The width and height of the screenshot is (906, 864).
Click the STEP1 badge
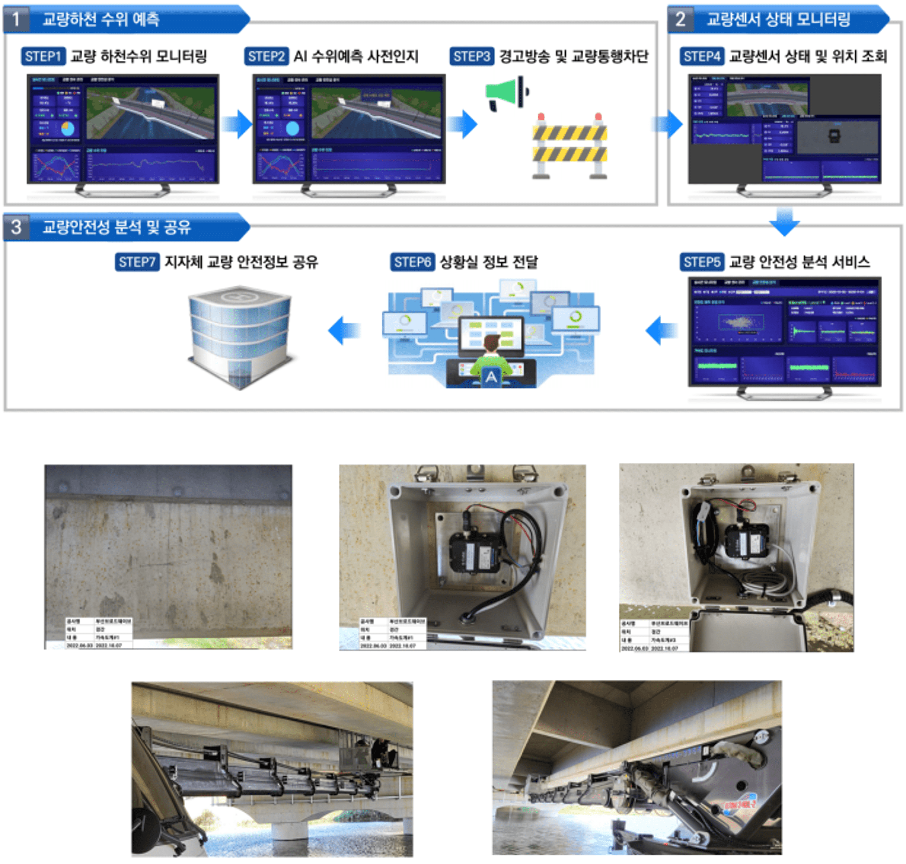coord(43,56)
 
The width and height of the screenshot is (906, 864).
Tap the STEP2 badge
coord(266,56)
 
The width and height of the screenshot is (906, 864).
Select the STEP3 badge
coord(471,56)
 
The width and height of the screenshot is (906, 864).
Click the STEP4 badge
coord(702,56)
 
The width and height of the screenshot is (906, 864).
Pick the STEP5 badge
coord(702,262)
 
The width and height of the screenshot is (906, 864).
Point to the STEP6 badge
coord(412,262)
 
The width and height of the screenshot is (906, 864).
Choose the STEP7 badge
coord(137,262)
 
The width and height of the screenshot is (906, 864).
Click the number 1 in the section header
coord(16,19)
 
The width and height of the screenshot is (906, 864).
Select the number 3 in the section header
coord(16,227)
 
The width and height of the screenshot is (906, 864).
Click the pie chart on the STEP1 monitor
coord(67,128)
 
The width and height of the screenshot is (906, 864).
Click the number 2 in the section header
coord(680,19)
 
